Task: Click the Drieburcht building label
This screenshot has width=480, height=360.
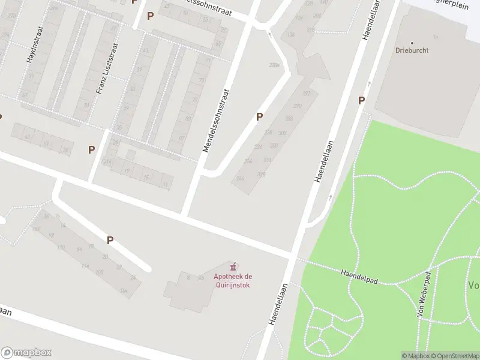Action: [412, 50]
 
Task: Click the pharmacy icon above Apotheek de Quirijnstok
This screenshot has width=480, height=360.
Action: [233, 266]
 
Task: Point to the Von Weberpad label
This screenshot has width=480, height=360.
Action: [424, 294]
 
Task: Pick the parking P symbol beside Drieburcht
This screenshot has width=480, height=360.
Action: [361, 101]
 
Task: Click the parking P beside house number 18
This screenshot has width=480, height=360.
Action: [110, 240]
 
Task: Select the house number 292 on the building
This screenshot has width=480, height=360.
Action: [306, 94]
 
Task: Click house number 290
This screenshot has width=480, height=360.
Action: [297, 106]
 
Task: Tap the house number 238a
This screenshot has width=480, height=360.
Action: [274, 65]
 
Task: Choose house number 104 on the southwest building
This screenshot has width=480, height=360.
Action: [124, 291]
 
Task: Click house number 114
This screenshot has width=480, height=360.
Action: [85, 266]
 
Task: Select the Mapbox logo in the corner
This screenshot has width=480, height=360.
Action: [26, 353]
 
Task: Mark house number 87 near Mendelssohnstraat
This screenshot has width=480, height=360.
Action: [181, 139]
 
